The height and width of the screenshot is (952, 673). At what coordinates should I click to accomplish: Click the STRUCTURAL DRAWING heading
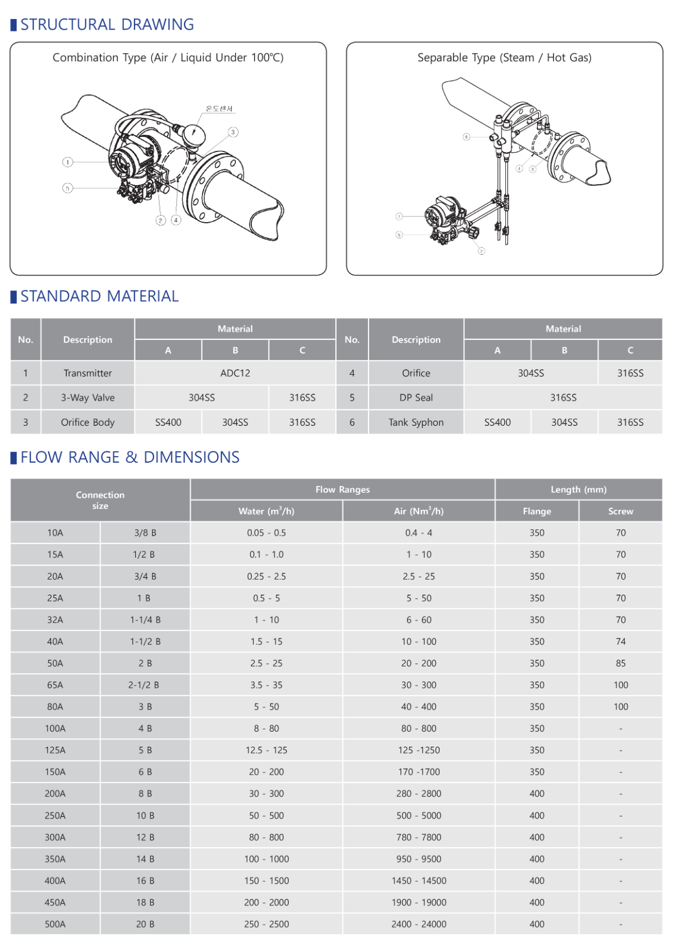click(107, 25)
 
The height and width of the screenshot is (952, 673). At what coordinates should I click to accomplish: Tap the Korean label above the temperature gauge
click(219, 109)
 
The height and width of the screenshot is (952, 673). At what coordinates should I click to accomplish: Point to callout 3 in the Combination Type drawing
click(233, 132)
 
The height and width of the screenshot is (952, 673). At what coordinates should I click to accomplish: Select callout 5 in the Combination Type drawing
click(67, 188)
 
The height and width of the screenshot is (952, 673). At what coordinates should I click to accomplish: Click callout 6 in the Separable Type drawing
click(467, 137)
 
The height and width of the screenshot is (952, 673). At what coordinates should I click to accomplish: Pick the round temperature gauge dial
click(193, 135)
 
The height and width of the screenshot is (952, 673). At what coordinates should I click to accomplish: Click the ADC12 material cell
click(235, 373)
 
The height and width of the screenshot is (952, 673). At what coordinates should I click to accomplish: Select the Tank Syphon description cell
click(416, 422)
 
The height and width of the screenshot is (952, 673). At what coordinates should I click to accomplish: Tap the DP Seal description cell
click(416, 398)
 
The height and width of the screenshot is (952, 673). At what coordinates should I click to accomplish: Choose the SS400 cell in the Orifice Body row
click(168, 422)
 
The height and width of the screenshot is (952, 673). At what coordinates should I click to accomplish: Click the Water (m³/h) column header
click(266, 511)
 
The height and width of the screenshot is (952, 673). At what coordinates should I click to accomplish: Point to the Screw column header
click(620, 511)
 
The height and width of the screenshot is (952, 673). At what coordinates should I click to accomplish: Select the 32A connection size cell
click(55, 620)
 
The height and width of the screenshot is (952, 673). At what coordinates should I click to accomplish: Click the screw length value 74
click(620, 641)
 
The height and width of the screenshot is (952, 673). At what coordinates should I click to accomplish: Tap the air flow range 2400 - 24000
click(419, 925)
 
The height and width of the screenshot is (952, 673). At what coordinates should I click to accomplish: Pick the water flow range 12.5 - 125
click(266, 750)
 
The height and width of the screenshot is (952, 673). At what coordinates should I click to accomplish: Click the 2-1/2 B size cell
click(145, 685)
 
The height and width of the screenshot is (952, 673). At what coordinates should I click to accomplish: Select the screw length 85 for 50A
click(620, 663)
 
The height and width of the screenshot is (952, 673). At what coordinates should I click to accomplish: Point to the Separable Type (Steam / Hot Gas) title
click(504, 57)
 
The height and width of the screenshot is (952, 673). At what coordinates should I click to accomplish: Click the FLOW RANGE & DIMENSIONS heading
click(130, 457)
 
